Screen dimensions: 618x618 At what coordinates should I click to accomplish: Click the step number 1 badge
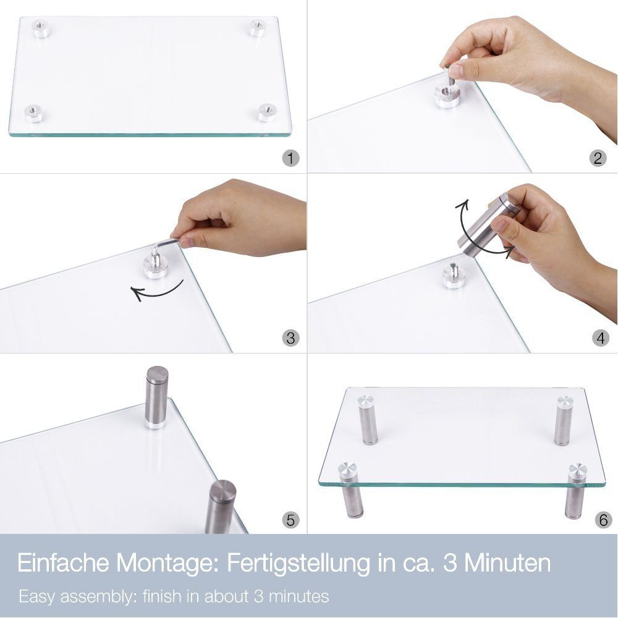click(291, 158)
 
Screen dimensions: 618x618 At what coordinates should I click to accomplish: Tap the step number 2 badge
click(598, 158)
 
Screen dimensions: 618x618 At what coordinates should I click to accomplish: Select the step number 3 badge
click(291, 338)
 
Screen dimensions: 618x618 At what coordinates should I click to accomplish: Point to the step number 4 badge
click(600, 338)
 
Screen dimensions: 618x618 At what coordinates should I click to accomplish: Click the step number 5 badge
click(291, 520)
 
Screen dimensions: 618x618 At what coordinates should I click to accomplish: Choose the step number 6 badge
click(603, 520)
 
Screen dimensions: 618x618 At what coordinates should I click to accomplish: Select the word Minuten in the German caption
click(507, 563)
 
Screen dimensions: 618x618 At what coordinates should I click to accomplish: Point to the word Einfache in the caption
click(64, 563)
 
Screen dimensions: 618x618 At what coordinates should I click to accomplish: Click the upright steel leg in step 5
click(157, 397)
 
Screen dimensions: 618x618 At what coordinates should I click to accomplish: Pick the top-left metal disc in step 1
click(41, 28)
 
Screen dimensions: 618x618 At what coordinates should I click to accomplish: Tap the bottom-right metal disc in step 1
click(267, 112)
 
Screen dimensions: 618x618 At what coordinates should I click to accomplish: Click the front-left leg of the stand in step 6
click(349, 490)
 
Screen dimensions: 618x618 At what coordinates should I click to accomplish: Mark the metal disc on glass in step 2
click(447, 97)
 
